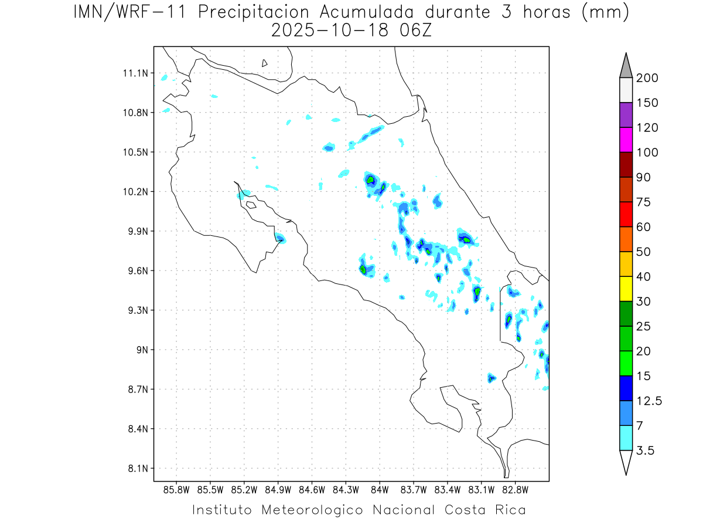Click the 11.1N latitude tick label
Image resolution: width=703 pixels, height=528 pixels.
click(135, 73)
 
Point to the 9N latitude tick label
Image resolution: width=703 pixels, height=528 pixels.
click(142, 350)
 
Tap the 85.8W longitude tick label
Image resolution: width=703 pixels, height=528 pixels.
click(176, 490)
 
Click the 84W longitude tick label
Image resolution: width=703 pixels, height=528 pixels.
click(380, 490)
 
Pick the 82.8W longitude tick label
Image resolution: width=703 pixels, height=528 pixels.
click(515, 490)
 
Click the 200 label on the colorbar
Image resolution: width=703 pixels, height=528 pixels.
click(647, 78)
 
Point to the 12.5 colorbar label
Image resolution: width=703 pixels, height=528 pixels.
click(649, 401)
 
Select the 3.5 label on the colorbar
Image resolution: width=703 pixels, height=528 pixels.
click(645, 451)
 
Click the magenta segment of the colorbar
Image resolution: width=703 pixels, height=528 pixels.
click(626, 140)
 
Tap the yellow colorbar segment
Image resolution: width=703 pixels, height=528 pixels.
click(626, 289)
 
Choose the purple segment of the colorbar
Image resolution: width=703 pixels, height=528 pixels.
click(626, 115)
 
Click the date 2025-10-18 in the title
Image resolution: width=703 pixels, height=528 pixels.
click(330, 31)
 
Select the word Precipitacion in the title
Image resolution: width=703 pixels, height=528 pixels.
click(253, 13)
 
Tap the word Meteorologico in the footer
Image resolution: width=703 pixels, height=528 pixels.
click(312, 510)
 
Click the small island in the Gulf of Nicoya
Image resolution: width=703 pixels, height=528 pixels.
click(251, 205)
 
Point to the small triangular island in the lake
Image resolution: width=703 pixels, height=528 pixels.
click(264, 63)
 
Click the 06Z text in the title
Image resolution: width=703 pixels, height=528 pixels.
click(415, 31)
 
